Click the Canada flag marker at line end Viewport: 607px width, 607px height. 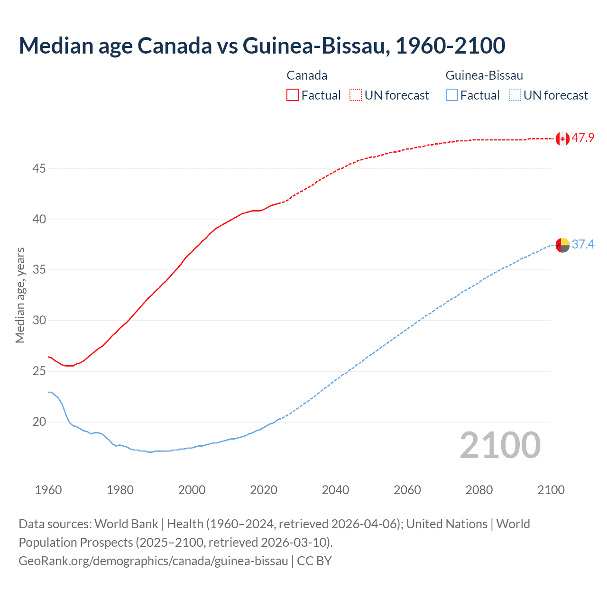click(x=562, y=138)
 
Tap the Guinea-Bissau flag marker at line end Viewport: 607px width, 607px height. click(x=562, y=245)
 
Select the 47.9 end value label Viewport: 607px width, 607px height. click(x=583, y=138)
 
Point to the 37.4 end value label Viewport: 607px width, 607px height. click(x=583, y=244)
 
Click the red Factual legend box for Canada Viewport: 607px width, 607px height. click(x=293, y=95)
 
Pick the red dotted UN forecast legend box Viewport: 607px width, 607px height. click(x=356, y=95)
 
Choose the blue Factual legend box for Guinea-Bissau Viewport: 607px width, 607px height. click(x=452, y=95)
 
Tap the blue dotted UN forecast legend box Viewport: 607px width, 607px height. click(x=515, y=95)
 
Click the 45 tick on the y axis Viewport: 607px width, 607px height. click(x=39, y=168)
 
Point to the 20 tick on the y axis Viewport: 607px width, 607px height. click(x=39, y=422)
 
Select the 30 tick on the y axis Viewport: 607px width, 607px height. click(x=39, y=321)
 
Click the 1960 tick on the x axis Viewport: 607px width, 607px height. click(x=48, y=490)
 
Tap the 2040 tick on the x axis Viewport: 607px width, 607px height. click(x=335, y=490)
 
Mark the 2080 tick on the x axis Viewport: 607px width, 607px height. click(x=479, y=490)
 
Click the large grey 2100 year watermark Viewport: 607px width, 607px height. click(x=500, y=445)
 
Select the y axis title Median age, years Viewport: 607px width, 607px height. click(x=20, y=295)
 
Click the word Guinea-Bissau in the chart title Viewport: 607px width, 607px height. click(x=316, y=46)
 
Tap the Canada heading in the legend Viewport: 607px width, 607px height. click(x=307, y=75)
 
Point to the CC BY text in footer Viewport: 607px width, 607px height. click(x=314, y=561)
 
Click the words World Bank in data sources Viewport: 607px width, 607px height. click(x=126, y=524)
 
